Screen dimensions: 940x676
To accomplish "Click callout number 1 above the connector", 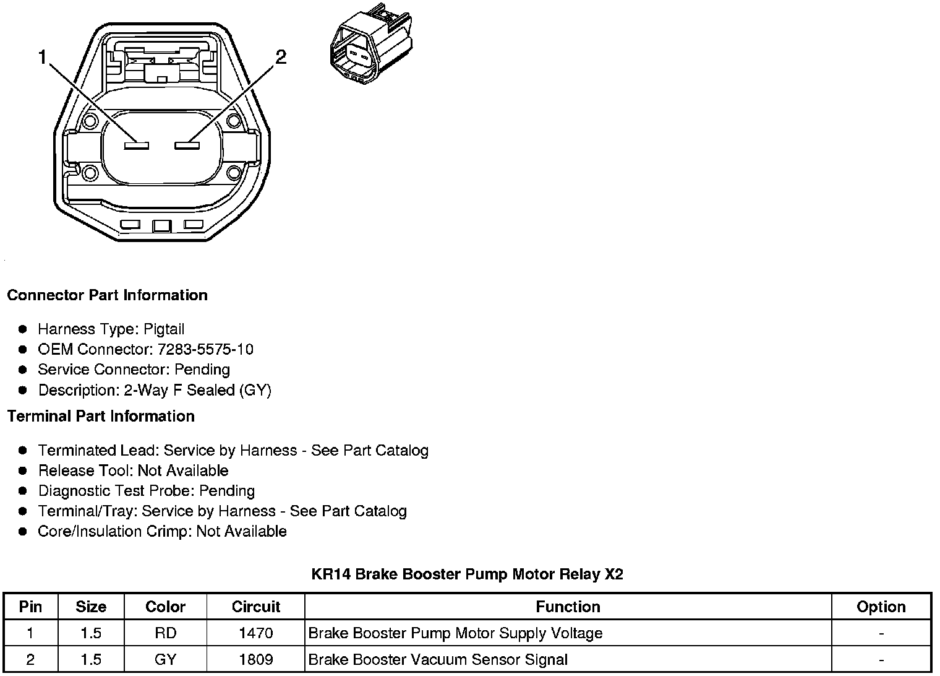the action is point(42,58).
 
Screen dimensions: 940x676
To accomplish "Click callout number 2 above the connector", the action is point(281,58).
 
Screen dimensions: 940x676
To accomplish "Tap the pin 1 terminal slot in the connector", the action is point(136,145).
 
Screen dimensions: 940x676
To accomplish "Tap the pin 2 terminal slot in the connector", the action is point(186,145).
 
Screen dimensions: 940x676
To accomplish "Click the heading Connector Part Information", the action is point(107,295).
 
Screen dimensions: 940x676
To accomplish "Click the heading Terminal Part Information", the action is point(101,417).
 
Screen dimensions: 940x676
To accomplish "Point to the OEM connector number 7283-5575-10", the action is point(205,349).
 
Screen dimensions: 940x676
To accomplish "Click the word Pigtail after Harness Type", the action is point(164,329).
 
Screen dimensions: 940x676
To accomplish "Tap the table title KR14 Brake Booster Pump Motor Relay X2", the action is point(467,574).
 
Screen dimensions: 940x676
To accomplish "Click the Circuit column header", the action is point(255,607).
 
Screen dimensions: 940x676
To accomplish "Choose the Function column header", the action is point(568,607).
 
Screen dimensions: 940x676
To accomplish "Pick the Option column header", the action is point(881,607).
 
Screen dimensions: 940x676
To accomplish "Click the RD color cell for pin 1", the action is point(165,633).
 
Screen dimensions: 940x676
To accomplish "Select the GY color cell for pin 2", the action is point(165,659).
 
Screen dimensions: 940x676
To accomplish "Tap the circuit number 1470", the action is point(255,633).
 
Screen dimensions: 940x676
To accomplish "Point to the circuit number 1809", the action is point(255,659).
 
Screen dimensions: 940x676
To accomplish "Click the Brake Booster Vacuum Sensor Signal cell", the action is point(438,659).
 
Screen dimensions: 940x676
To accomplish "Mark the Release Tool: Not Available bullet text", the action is point(133,470).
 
